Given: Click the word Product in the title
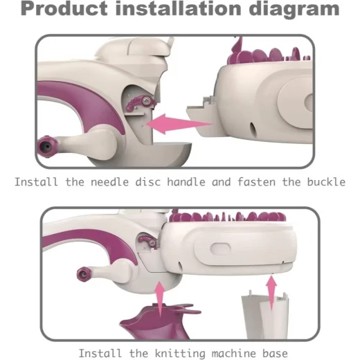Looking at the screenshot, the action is point(64,9).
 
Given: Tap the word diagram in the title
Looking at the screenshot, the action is point(294,10).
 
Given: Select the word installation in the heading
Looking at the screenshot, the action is point(179,8).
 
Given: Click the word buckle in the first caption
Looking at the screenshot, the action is point(326,182).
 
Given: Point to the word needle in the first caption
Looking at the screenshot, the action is point(109,182).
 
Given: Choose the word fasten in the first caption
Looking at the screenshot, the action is point(256,182).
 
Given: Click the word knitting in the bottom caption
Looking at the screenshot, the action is point(180,354).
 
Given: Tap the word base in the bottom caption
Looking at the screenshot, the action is point(275,353).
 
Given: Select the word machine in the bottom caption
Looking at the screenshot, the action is point(234,353).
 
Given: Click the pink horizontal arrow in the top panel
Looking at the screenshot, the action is point(178,124).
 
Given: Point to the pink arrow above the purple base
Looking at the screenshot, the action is point(160,298).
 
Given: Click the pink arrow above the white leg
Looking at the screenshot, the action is point(271,292).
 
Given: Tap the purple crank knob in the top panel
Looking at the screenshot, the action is point(47,147).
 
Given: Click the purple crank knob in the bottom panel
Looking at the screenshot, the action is point(84,274).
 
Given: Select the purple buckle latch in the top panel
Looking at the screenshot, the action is point(141,104).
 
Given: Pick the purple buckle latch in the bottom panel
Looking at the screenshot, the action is point(148,241).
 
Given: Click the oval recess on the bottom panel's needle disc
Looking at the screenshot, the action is point(220,249).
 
